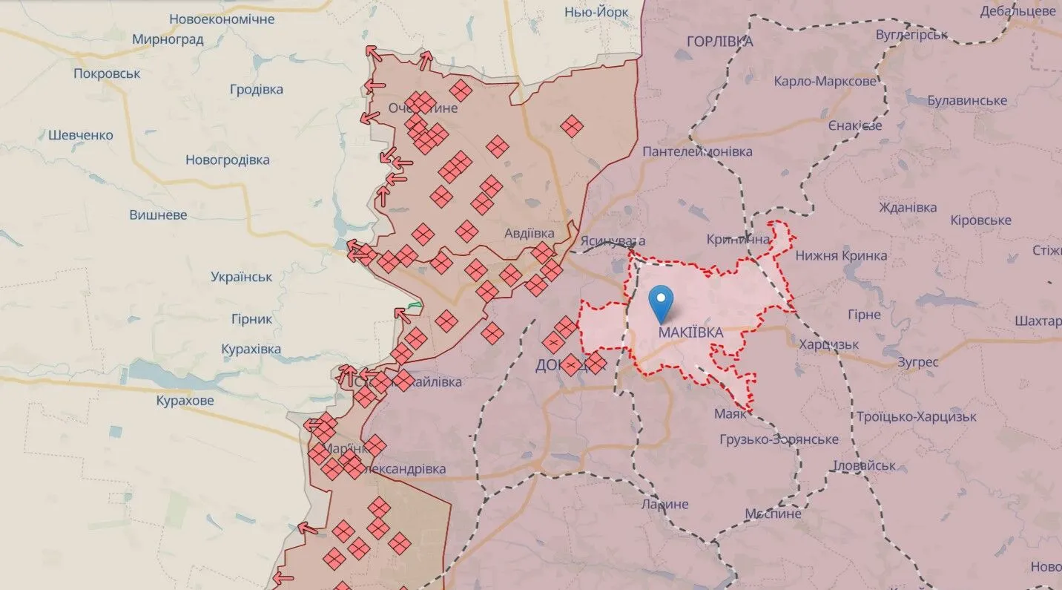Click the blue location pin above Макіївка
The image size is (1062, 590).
pyautogui.click(x=660, y=303)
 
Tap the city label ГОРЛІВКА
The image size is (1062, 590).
pyautogui.click(x=719, y=42)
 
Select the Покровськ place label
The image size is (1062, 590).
pyautogui.click(x=107, y=73)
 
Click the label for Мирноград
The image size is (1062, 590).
pyautogui.click(x=168, y=39)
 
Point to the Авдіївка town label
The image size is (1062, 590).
pyautogui.click(x=529, y=233)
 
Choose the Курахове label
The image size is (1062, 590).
pyautogui.click(x=185, y=401)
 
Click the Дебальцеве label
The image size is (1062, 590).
pyautogui.click(x=1017, y=11)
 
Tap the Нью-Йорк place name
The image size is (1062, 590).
pyautogui.click(x=596, y=12)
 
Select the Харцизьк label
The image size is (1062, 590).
pyautogui.click(x=828, y=344)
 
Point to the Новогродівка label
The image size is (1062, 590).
pyautogui.click(x=227, y=160)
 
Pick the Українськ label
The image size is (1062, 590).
pyautogui.click(x=241, y=277)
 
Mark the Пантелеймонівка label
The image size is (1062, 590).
pyautogui.click(x=697, y=151)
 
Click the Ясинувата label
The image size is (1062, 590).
pyautogui.click(x=613, y=240)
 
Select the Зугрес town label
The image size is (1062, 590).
pyautogui.click(x=917, y=362)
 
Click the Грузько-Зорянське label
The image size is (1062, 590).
pyautogui.click(x=779, y=439)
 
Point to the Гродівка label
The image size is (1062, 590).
pyautogui.click(x=256, y=89)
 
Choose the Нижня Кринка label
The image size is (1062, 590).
pyautogui.click(x=841, y=255)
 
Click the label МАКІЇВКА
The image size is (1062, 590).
pyautogui.click(x=690, y=332)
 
